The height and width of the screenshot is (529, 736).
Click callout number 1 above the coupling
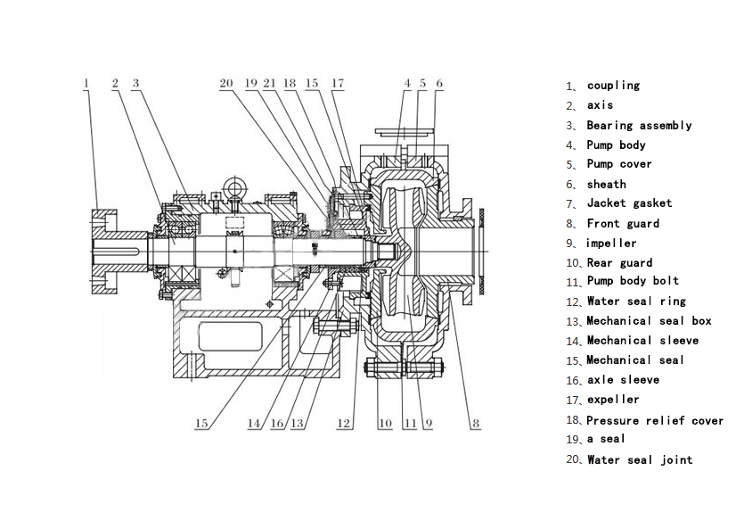click(86, 83)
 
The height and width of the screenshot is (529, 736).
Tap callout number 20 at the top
click(226, 83)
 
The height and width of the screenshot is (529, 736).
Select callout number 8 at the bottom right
click(476, 424)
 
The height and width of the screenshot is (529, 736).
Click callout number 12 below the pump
click(344, 424)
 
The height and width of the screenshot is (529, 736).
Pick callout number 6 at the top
click(439, 83)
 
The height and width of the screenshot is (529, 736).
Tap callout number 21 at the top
click(270, 83)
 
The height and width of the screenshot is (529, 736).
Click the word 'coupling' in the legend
click(613, 86)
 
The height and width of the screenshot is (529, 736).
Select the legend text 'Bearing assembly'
click(639, 126)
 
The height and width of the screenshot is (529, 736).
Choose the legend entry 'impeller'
click(611, 243)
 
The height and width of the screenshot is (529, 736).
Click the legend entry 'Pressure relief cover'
click(655, 420)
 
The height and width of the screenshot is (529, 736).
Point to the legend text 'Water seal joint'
click(639, 459)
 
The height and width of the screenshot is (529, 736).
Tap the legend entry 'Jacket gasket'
click(629, 203)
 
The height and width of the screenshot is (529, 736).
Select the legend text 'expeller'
click(613, 400)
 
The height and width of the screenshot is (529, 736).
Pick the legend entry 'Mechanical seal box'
click(649, 321)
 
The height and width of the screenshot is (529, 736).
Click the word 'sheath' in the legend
click(606, 184)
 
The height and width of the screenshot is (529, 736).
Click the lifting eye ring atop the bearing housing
click(236, 186)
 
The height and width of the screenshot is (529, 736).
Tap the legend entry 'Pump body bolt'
click(633, 281)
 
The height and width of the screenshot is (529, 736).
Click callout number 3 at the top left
click(135, 83)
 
